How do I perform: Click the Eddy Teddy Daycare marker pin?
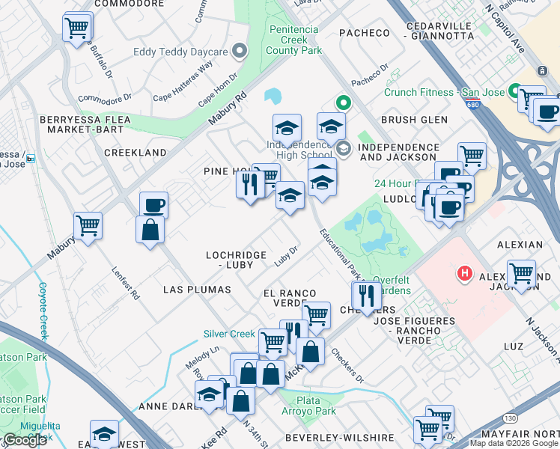point(240,52)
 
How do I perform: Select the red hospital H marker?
point(464,274)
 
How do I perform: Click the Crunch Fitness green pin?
point(515,91)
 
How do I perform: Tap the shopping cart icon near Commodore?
point(77,28)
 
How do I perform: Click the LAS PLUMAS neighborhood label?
point(198,289)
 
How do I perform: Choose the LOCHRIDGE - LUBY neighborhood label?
point(236,260)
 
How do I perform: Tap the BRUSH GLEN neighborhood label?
point(414,120)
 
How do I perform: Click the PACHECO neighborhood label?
point(365,33)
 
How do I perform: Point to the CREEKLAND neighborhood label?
point(135,153)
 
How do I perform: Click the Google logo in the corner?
point(24,440)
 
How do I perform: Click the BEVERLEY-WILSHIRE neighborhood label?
point(339,437)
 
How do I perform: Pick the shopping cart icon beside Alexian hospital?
point(520,273)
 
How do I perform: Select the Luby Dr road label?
point(287,255)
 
